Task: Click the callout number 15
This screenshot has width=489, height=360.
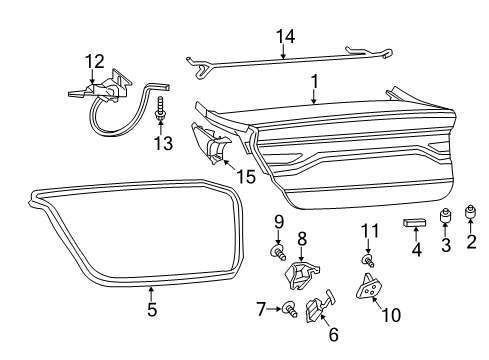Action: tap(247, 177)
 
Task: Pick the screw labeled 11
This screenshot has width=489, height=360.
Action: tap(369, 261)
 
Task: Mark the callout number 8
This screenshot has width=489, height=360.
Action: tap(301, 239)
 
